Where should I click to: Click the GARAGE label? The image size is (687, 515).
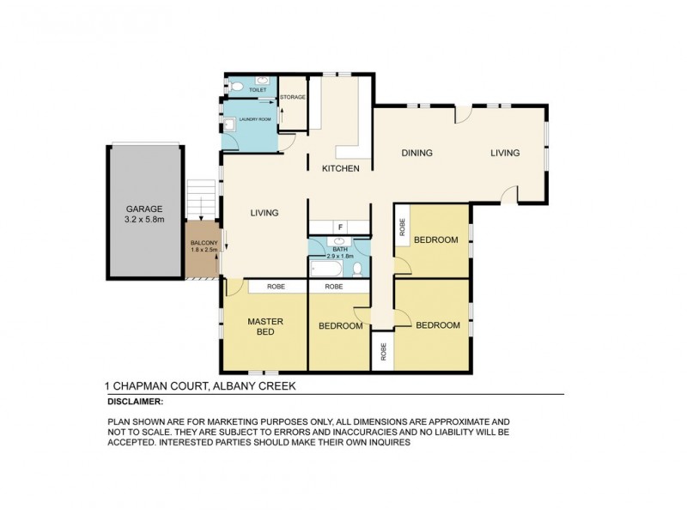[x=143, y=209]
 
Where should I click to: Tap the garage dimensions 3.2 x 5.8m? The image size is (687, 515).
[x=143, y=220]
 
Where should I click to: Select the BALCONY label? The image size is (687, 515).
[x=204, y=244]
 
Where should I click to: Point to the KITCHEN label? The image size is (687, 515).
[x=340, y=168]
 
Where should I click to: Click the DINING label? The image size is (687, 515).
[x=416, y=154]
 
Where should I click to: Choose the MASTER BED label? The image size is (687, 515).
[x=265, y=327]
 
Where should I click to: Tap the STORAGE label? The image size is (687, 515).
[x=293, y=97]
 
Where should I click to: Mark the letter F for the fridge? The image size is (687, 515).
[x=340, y=227]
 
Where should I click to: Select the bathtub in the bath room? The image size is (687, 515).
[x=327, y=267]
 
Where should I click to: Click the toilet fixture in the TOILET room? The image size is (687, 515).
[x=237, y=87]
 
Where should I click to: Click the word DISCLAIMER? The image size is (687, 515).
[x=135, y=401]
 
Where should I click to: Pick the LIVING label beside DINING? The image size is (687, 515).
[x=505, y=154]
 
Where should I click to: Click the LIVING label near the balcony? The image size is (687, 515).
[x=264, y=213]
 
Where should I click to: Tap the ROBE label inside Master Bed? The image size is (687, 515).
[x=275, y=287]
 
